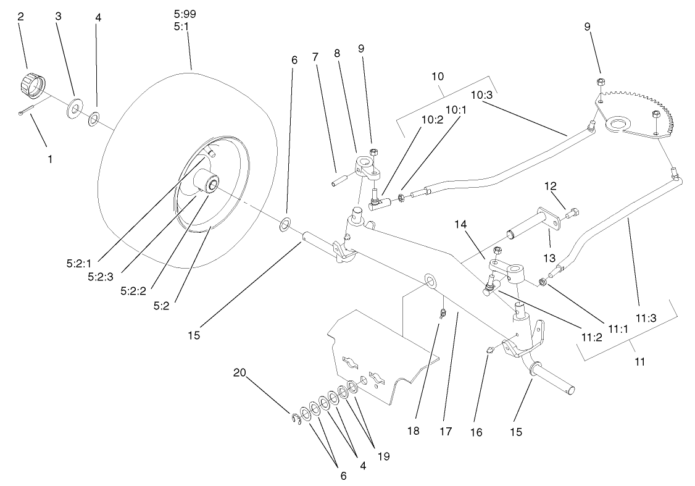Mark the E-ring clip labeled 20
click(296, 419)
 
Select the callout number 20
click(239, 372)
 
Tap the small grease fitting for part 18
click(443, 315)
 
